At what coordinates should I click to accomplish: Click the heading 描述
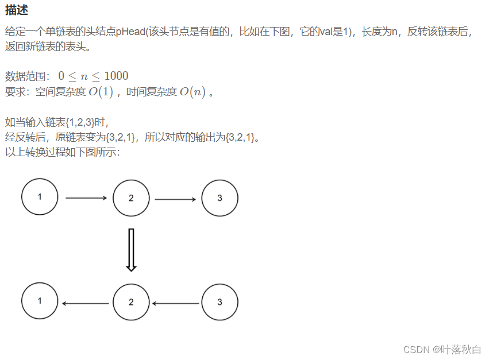[17, 11]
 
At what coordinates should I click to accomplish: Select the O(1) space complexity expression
[101, 92]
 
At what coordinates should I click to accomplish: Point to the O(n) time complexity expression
[192, 92]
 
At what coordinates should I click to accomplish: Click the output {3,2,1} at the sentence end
[242, 137]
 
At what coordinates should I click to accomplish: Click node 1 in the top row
[40, 197]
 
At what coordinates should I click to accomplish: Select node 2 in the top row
[131, 198]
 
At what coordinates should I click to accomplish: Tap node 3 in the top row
[220, 198]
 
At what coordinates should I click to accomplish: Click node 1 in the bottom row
[40, 301]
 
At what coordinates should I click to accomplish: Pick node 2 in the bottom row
[131, 302]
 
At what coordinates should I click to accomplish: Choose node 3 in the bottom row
[220, 302]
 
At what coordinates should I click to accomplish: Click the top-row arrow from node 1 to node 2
[86, 198]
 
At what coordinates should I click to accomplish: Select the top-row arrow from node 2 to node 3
[175, 200]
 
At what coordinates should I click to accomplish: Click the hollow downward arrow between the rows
[131, 250]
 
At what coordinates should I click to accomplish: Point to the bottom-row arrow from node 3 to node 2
[175, 303]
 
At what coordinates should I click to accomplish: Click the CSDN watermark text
[441, 349]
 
